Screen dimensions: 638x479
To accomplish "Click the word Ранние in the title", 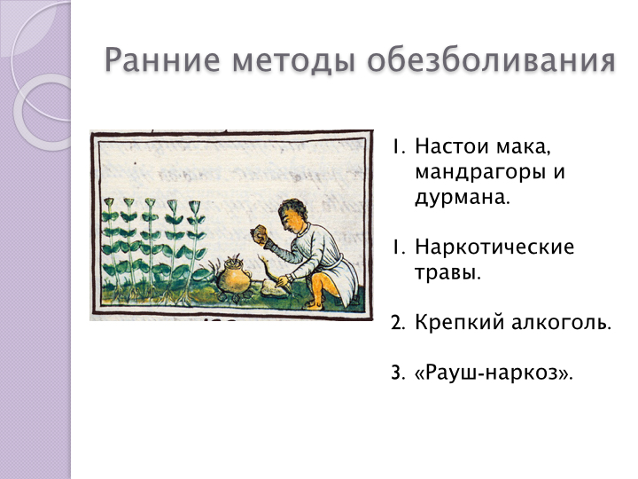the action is (162, 60).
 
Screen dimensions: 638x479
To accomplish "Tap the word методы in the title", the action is (293, 61).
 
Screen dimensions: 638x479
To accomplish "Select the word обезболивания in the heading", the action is (491, 60).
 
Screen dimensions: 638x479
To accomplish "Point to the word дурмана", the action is (463, 197).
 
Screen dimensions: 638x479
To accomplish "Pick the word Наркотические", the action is (494, 247).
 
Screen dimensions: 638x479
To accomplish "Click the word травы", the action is (448, 272).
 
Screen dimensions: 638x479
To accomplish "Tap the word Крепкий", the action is (459, 322).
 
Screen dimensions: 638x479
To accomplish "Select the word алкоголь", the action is (561, 322).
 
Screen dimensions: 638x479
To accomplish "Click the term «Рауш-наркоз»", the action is (494, 373).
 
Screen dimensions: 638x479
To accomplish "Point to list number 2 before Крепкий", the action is (398, 323).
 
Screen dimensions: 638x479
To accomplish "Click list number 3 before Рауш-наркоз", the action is (398, 373).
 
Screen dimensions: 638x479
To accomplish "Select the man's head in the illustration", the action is (293, 216).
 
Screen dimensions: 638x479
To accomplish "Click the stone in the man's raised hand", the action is (259, 234).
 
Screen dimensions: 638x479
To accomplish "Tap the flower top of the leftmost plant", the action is (109, 202).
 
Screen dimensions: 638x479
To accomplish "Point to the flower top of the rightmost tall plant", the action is (194, 206).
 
